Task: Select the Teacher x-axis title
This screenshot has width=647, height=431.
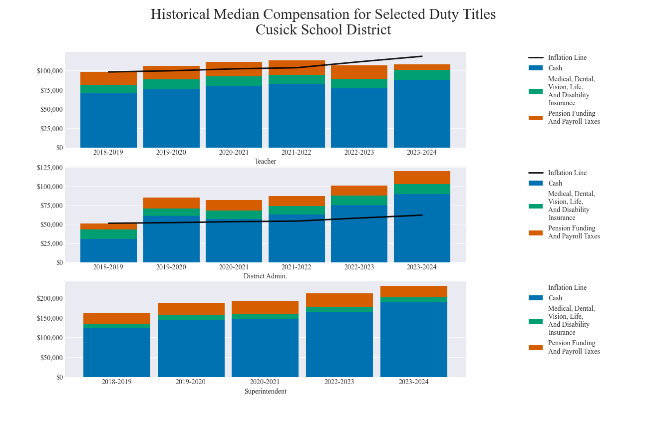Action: point(265,161)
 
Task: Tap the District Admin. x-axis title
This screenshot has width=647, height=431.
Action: point(265,276)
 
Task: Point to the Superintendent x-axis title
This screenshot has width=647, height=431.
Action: point(265,391)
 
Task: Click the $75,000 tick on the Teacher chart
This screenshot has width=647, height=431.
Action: point(50,90)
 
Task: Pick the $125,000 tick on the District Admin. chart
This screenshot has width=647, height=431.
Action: point(50,168)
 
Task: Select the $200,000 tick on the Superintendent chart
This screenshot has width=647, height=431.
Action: point(50,298)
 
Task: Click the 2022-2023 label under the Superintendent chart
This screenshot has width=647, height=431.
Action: point(339,382)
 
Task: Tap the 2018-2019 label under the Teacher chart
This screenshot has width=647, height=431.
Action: point(108,152)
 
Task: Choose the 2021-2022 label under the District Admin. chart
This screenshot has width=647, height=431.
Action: point(296,267)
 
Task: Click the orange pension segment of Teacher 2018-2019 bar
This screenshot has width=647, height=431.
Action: point(108,78)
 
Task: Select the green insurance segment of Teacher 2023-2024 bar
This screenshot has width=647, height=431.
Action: point(422,74)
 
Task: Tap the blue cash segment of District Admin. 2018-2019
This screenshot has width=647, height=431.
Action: point(108,250)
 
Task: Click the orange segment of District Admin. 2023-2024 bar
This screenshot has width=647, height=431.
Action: point(422,178)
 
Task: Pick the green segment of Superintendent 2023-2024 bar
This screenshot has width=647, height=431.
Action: point(413,300)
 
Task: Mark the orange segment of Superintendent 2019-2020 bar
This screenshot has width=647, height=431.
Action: point(191,309)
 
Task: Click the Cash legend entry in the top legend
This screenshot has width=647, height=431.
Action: point(555,68)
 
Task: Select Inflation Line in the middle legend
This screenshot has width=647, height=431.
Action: point(567,173)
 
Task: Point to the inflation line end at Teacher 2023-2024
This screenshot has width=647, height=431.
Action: point(422,56)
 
